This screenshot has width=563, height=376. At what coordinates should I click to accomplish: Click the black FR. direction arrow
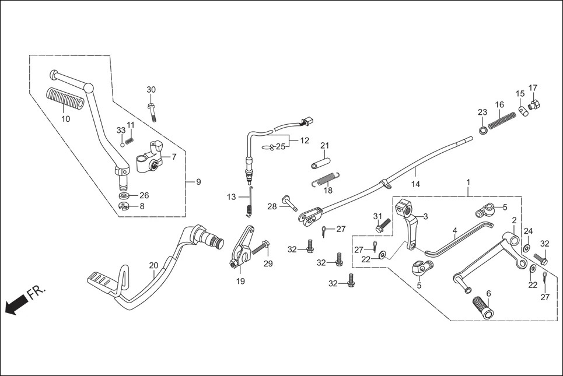16,304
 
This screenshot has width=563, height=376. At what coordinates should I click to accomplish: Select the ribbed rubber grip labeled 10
65,97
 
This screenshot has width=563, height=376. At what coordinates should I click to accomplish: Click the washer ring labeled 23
483,129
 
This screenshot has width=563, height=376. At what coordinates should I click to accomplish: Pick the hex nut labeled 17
533,106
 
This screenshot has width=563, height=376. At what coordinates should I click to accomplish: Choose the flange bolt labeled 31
382,224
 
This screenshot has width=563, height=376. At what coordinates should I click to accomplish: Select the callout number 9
198,182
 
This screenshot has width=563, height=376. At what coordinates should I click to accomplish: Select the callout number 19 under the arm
240,281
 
